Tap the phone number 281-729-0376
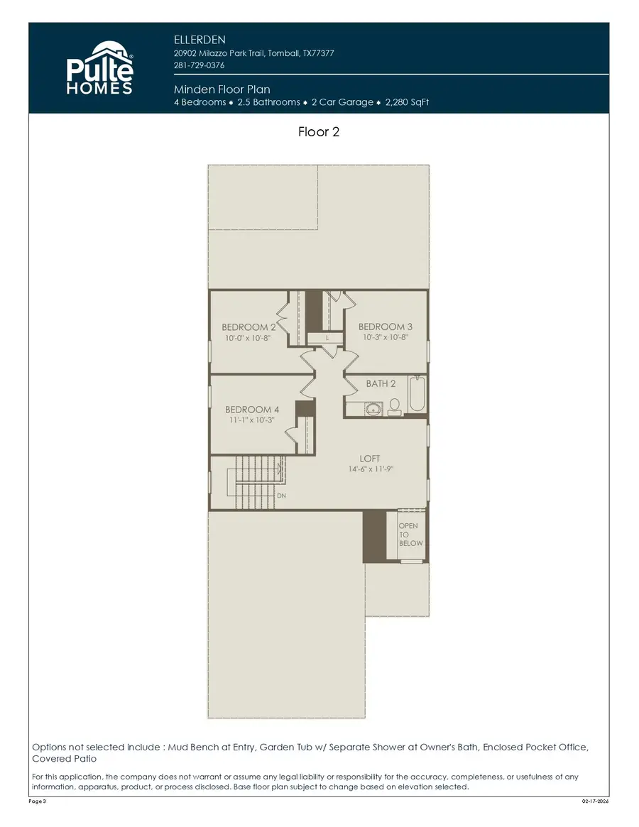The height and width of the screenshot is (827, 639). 200,65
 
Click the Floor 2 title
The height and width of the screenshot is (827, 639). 319,132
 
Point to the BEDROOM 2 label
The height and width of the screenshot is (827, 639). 248,327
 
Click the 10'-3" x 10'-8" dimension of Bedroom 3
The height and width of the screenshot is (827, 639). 386,338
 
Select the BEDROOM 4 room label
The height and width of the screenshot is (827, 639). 252,410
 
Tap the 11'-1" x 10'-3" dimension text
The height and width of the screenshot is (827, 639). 252,420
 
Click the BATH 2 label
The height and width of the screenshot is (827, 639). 381,383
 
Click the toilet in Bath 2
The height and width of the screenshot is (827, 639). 395,405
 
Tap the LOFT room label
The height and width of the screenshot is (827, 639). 370,459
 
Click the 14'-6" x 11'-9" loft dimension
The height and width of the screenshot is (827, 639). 366,469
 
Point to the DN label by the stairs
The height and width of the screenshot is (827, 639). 281,495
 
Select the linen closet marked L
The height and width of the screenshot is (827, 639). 326,339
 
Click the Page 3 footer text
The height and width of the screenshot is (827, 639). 37,801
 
